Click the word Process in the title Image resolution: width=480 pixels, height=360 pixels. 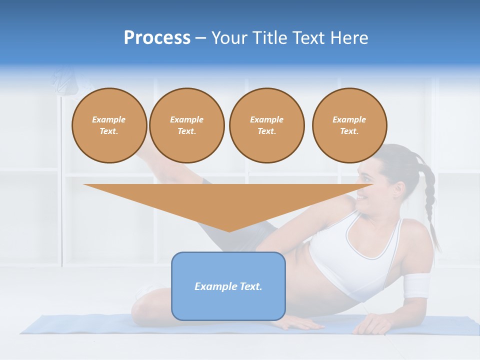click(157, 38)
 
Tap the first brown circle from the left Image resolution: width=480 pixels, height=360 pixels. click(109, 125)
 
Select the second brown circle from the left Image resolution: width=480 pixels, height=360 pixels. click(187, 125)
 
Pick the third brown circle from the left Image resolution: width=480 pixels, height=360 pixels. click(266, 125)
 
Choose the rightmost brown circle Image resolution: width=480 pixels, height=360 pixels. click(349, 125)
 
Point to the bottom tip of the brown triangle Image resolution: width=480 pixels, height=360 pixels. click(229, 231)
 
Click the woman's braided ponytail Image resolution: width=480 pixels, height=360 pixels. click(430, 205)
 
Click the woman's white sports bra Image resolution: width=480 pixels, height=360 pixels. click(350, 250)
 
